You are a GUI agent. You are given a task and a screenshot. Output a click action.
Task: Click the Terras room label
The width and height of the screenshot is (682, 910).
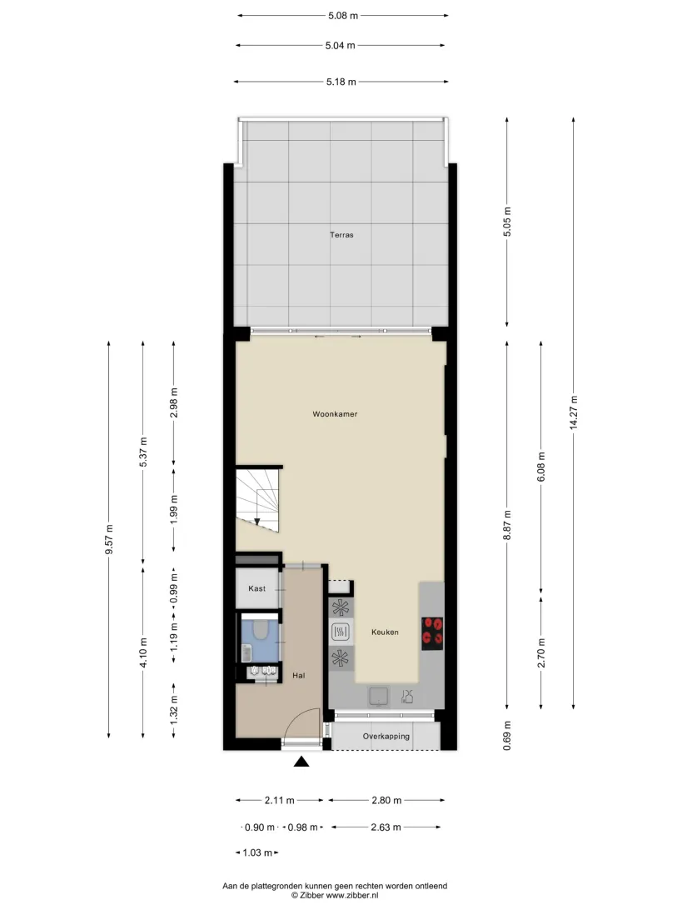coord(341,235)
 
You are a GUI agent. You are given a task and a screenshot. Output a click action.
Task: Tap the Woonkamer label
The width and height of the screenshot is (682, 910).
coord(335,414)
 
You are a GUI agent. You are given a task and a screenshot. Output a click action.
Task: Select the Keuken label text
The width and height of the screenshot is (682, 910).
coord(385,632)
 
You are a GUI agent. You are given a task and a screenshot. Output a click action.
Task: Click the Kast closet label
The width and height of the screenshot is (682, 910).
coord(257,588)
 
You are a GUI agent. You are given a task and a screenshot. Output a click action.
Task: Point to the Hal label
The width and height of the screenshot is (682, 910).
coord(299,676)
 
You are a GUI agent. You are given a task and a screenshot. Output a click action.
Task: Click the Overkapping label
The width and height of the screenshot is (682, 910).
coord(386,737)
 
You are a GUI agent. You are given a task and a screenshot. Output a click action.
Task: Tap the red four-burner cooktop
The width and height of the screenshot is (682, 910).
coord(432,633)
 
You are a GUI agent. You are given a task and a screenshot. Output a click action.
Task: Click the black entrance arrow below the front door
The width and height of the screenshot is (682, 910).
coord(301,762)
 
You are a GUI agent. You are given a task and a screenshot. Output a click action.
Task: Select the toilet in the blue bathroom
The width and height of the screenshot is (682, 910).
coord(259,630)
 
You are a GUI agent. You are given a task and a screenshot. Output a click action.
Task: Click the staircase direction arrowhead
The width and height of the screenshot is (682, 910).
coord(257,521)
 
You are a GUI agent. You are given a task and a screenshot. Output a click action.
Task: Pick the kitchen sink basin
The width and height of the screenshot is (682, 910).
coord(379,697)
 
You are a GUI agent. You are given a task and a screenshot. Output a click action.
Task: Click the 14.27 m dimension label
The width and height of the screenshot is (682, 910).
coord(574,412)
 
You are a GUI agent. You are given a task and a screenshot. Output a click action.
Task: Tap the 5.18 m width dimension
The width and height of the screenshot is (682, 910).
coord(341,82)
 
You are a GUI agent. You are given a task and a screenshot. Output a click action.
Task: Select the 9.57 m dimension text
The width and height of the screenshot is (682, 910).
coord(109,539)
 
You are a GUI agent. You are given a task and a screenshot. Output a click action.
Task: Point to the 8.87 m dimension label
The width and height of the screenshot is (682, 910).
coord(507,525)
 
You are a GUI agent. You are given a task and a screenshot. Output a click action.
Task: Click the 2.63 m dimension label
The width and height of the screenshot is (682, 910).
coord(386,827)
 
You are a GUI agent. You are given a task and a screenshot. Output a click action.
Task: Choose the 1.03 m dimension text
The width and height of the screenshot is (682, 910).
coord(257,852)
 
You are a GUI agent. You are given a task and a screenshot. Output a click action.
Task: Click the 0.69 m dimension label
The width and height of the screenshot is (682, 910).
coord(507,736)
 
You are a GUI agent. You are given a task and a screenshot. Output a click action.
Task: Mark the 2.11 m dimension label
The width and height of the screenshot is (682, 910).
coord(280,800)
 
